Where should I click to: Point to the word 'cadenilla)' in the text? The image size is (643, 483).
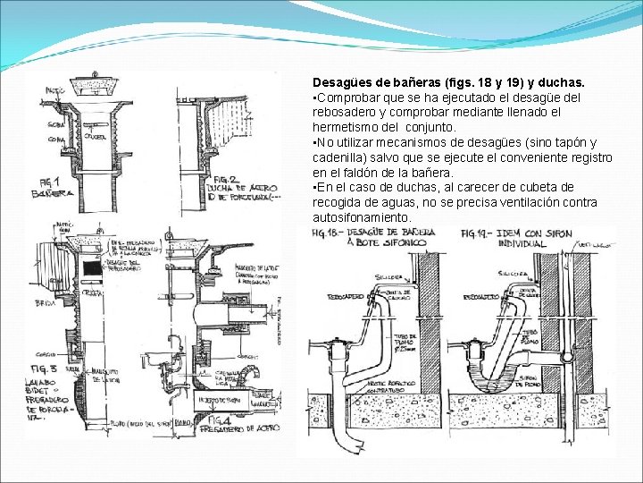[x=340, y=157]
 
